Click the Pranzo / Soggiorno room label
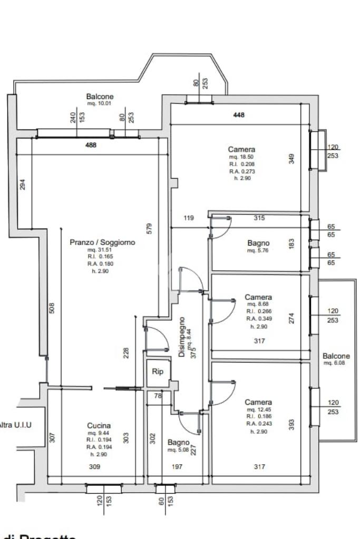pyautogui.click(x=102, y=242)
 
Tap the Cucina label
pyautogui.click(x=99, y=426)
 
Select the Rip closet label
pyautogui.click(x=158, y=371)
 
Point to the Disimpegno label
pyautogui.click(x=182, y=337)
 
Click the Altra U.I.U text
pyautogui.click(x=15, y=424)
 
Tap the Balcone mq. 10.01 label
pyautogui.click(x=100, y=97)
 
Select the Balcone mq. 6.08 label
pyautogui.click(x=336, y=356)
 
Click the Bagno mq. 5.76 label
pyautogui.click(x=258, y=243)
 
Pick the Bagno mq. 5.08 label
pyautogui.click(x=178, y=443)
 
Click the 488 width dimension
pyautogui.click(x=91, y=145)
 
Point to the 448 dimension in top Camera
pyautogui.click(x=239, y=115)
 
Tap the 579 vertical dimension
pyautogui.click(x=149, y=229)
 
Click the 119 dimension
pyautogui.click(x=189, y=218)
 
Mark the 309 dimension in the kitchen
pyautogui.click(x=94, y=467)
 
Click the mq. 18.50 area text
pyautogui.click(x=241, y=157)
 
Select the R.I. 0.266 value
pyautogui.click(x=258, y=311)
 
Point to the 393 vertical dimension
pyautogui.click(x=291, y=425)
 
